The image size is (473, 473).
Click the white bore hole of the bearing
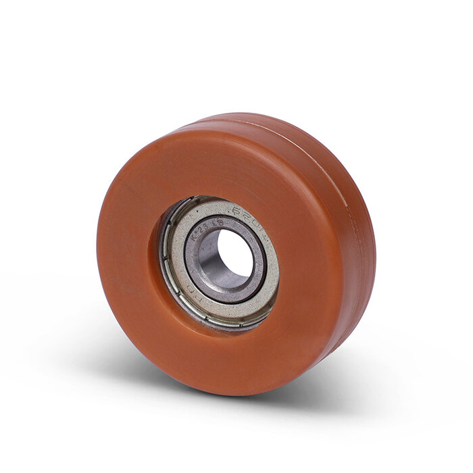point(236,252)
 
